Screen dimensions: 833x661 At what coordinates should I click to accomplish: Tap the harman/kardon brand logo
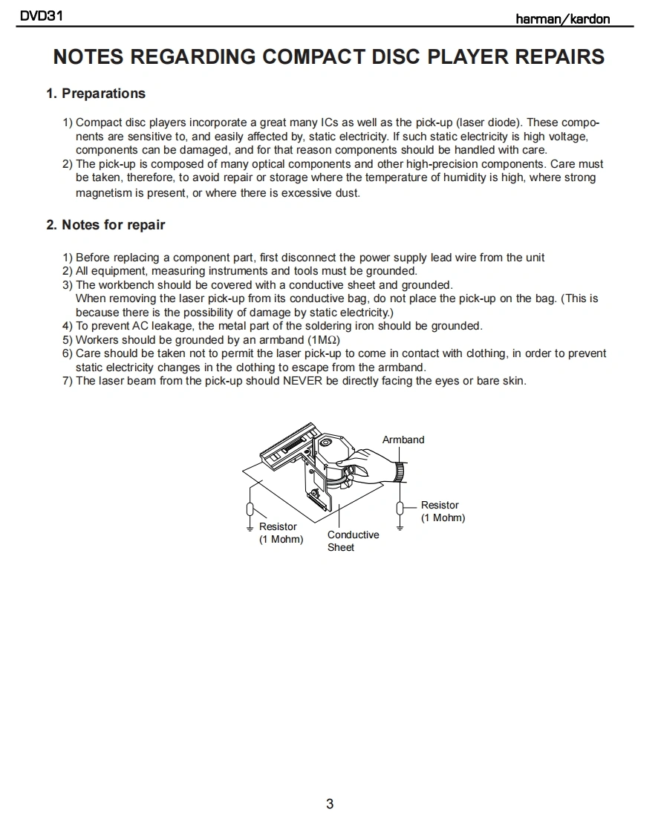tap(563, 19)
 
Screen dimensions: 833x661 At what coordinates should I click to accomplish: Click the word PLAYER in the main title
tap(472, 57)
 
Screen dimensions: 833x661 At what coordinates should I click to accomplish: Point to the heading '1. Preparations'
tap(96, 94)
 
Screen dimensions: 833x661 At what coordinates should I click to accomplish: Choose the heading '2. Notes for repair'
tap(105, 225)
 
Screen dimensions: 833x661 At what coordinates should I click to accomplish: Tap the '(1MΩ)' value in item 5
tap(324, 340)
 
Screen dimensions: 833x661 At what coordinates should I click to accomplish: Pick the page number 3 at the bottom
tap(330, 803)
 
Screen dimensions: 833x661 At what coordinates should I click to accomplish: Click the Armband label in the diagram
tap(403, 440)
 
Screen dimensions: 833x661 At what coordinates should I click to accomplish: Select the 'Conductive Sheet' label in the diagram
tap(353, 540)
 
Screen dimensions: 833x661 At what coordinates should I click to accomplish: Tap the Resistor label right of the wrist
tap(442, 511)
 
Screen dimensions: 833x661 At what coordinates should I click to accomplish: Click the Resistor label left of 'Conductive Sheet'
tap(280, 532)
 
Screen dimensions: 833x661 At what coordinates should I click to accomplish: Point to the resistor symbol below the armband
tap(400, 508)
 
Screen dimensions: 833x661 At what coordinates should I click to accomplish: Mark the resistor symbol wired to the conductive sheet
tap(250, 509)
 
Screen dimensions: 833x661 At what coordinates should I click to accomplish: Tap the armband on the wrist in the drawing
tap(400, 471)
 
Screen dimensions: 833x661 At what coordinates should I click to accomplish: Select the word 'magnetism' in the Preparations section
tap(102, 192)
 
